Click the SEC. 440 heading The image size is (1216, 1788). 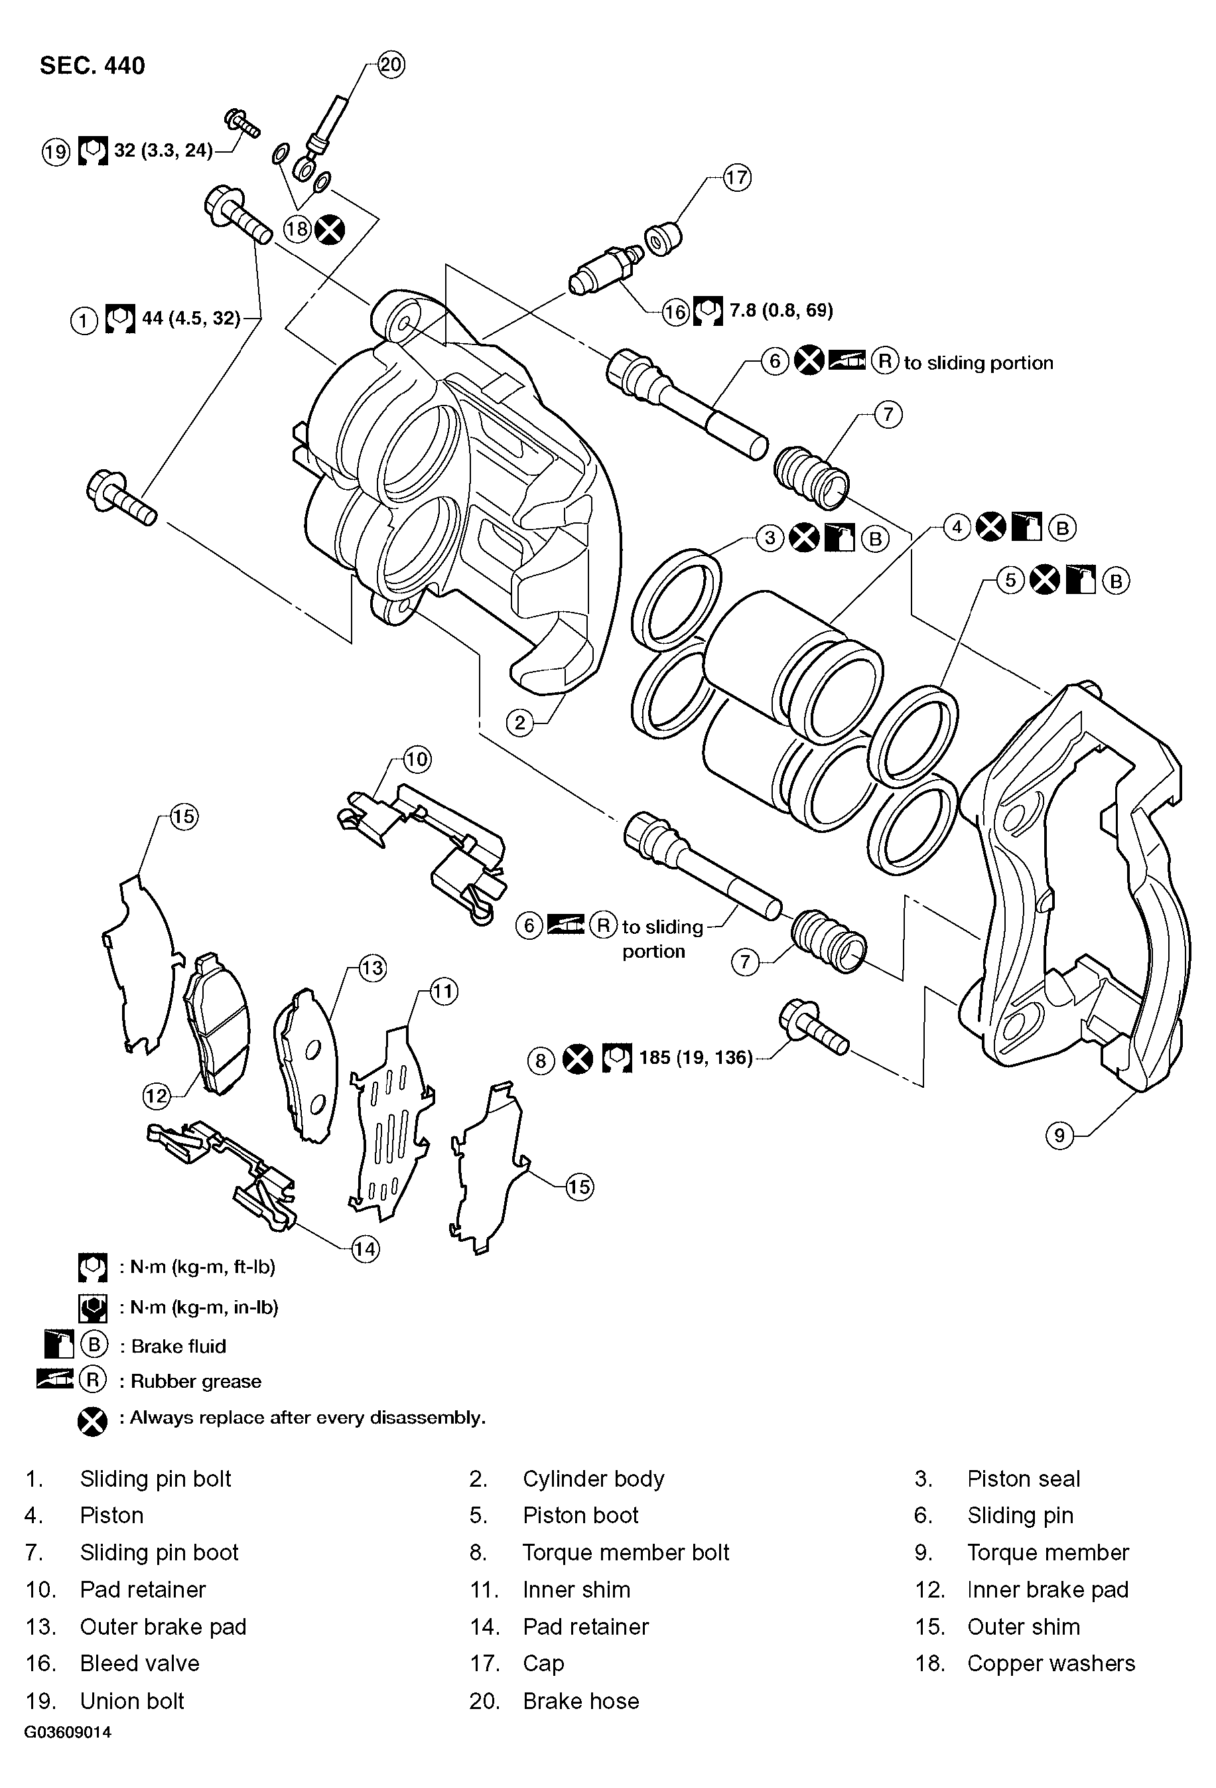click(x=92, y=66)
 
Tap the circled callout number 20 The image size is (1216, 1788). click(x=391, y=64)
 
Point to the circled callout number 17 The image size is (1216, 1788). click(x=736, y=178)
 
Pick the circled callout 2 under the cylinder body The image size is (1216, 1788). click(x=520, y=722)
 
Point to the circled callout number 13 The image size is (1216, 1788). click(x=372, y=968)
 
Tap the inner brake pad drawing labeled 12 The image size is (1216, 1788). click(x=217, y=1024)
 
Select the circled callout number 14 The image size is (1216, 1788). click(x=366, y=1248)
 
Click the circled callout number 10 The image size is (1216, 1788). click(x=416, y=760)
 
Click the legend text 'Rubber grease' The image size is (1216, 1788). click(x=195, y=1381)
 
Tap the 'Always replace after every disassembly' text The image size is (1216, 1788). click(x=307, y=1418)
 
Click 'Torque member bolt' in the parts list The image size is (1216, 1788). click(x=626, y=1552)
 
